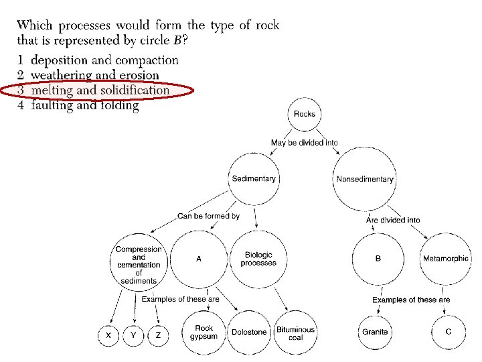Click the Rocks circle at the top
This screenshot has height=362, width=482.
pyautogui.click(x=305, y=114)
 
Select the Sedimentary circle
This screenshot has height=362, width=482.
pyautogui.click(x=254, y=178)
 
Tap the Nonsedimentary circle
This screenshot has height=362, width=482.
pyautogui.click(x=365, y=179)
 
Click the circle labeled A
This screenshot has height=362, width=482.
pyautogui.click(x=199, y=258)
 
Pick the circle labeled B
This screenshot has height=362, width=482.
pyautogui.click(x=378, y=258)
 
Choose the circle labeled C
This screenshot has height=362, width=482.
pyautogui.click(x=448, y=332)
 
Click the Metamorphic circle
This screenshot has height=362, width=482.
pyautogui.click(x=446, y=258)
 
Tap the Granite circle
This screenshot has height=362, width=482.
pyautogui.click(x=375, y=332)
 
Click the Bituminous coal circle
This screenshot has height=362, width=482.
pyautogui.click(x=296, y=333)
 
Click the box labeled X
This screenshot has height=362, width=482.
pyautogui.click(x=108, y=335)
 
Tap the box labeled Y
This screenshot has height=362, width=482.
pyautogui.click(x=133, y=335)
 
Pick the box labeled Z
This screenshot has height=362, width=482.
pyautogui.click(x=158, y=335)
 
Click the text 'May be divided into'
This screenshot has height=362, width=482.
pyautogui.click(x=305, y=142)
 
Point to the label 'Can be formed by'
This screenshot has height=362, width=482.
pyautogui.click(x=208, y=216)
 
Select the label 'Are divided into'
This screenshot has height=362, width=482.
pyautogui.click(x=393, y=220)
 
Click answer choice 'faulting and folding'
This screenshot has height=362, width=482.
pyautogui.click(x=84, y=105)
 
